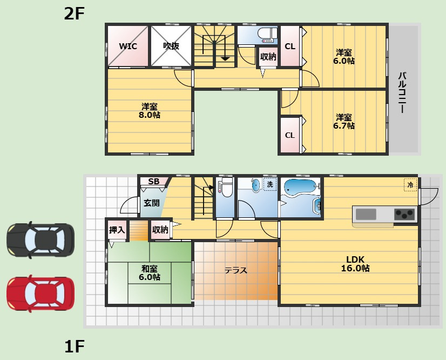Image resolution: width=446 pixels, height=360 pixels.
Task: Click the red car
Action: pos(40,294)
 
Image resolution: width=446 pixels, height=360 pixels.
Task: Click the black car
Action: pos(40,240)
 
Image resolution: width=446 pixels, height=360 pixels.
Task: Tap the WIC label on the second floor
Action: pos(128,46)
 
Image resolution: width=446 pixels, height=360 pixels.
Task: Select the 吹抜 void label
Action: pos(171,46)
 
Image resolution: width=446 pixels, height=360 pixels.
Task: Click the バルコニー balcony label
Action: pos(402,92)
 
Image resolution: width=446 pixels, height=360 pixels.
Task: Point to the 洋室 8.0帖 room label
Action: pos(150,111)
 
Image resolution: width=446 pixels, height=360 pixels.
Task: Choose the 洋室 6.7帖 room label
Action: pos(344,122)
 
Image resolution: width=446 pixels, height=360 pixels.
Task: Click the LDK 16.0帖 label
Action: pos(355,264)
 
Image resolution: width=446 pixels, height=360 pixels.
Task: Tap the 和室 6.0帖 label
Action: pos(150,273)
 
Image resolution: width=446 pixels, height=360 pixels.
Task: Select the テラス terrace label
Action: pos(236,270)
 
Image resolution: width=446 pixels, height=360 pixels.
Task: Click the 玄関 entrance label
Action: pos(152,203)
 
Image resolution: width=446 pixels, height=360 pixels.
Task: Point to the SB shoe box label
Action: pos(154,181)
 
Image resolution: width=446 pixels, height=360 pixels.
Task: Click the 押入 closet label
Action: pos(117,230)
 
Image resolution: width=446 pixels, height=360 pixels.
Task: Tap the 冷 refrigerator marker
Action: pos(410,185)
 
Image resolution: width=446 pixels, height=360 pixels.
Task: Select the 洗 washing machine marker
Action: pos(270,184)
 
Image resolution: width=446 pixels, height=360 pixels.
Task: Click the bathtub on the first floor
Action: pos(300,188)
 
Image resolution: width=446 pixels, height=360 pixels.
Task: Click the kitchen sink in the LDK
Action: pos(366,215)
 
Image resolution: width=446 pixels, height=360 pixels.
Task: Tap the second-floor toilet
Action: pos(267,35)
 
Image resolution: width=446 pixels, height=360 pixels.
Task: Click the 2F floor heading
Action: pos(74,14)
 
